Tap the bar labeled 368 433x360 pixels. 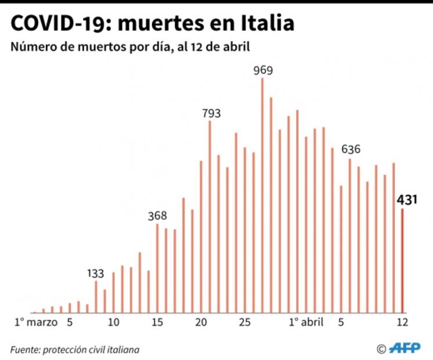coord(157,268)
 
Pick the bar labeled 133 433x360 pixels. coord(96,297)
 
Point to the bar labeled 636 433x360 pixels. coord(349,235)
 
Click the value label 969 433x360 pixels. coord(263,70)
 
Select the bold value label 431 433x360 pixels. coord(408,201)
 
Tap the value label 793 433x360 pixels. coord(211,113)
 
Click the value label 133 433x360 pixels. coord(96,273)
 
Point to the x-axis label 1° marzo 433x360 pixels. coord(36,322)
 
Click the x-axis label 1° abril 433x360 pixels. coord(305,322)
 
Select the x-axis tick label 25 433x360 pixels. coord(245,322)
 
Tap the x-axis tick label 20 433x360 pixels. coord(201,322)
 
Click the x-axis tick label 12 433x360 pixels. coord(402,322)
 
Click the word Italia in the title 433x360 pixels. coord(266,23)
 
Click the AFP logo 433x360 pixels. coord(405,348)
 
